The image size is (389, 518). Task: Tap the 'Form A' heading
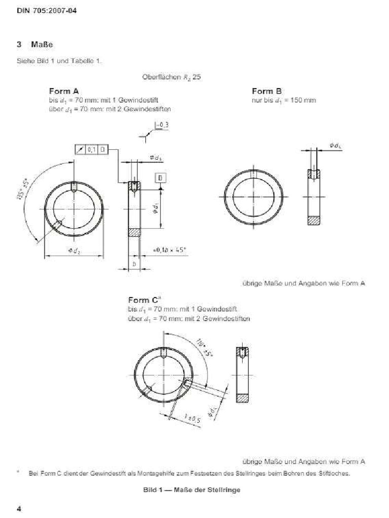point(64,91)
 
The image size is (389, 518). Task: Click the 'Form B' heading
point(267,91)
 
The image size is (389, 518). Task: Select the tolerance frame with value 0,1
point(92,149)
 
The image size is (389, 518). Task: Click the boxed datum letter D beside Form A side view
point(160,178)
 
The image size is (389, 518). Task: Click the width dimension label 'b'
point(134,264)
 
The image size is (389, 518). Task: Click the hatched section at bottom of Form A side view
point(134,233)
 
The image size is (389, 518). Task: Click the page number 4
point(19,508)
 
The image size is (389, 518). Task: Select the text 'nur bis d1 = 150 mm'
point(284,100)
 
